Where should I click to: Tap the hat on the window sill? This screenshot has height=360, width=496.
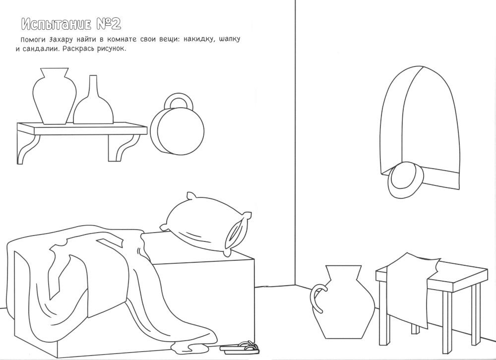click(x=405, y=180)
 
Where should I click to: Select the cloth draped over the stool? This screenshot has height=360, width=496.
click(x=411, y=285)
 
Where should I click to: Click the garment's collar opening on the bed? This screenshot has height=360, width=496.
click(x=109, y=241)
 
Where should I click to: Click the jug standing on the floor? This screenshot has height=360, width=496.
click(x=342, y=302)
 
